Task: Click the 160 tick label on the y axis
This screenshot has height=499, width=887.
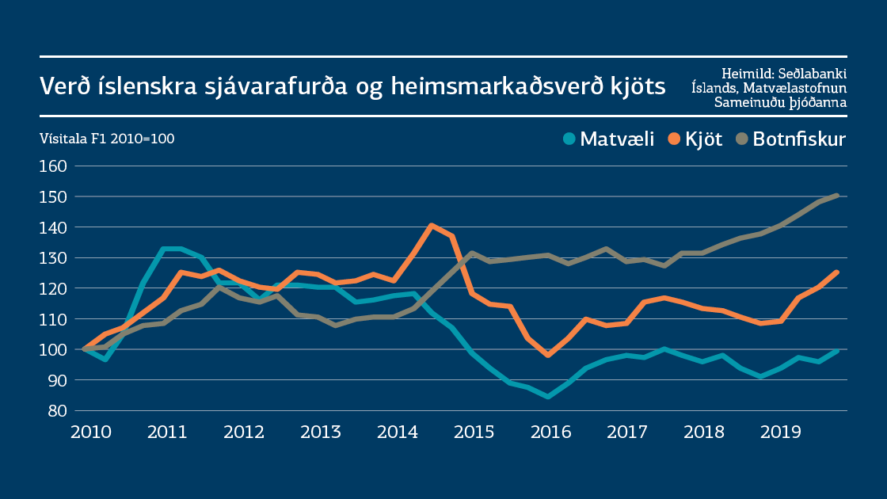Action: point(53,166)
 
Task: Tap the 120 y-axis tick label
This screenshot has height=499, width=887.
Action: point(53,288)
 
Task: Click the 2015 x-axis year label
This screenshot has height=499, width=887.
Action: point(473,432)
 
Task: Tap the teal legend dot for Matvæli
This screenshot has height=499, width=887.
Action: point(569,139)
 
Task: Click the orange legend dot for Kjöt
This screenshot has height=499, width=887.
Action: point(674,139)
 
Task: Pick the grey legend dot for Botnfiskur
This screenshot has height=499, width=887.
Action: point(741,139)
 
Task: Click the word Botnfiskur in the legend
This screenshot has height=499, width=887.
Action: point(799,139)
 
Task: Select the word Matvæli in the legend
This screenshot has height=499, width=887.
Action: point(617,139)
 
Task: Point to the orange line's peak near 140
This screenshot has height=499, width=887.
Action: point(431,226)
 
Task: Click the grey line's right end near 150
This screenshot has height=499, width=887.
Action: point(837,196)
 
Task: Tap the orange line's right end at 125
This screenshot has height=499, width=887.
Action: point(836,272)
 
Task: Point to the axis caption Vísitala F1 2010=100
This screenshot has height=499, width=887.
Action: point(107,139)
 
